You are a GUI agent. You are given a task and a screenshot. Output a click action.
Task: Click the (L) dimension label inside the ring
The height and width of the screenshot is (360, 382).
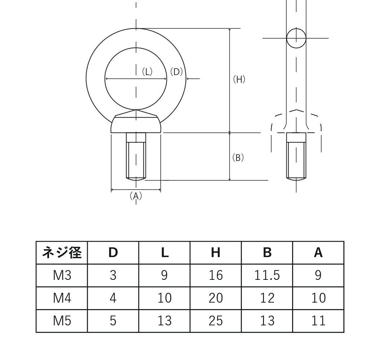point(147,72)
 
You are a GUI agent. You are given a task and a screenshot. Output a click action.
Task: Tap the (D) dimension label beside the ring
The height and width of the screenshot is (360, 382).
point(176,72)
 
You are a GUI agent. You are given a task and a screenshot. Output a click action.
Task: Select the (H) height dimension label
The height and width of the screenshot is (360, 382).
point(239,79)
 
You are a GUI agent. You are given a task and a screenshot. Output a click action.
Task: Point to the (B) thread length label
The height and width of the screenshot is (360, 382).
point(238,158)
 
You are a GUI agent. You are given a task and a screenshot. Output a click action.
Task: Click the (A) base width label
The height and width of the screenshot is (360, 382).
point(136,196)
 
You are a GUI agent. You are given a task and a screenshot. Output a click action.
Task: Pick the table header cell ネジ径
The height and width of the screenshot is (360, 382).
point(62,253)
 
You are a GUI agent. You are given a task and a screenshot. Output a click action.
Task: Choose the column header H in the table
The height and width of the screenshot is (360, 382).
point(216,253)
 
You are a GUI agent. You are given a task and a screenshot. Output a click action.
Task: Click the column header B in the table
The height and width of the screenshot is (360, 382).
point(267,253)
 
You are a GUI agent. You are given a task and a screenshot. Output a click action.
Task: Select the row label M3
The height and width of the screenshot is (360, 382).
point(62,276)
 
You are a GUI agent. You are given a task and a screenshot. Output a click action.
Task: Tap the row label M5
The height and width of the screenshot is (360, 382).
point(62,321)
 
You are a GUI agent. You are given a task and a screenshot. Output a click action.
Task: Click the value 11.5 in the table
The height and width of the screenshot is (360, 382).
point(267,276)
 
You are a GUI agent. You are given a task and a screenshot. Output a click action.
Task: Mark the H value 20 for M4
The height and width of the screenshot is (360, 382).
point(216,298)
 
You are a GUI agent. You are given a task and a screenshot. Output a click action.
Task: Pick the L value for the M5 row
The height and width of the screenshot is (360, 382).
point(164,321)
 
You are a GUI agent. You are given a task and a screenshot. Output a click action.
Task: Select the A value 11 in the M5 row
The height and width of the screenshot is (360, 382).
point(318,321)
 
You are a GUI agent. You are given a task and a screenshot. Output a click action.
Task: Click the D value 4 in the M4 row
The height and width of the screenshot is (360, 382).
point(113,298)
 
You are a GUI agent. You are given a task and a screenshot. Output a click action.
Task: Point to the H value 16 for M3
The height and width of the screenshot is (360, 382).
point(216,276)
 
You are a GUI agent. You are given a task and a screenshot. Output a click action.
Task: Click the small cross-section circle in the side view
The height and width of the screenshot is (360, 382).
point(296,38)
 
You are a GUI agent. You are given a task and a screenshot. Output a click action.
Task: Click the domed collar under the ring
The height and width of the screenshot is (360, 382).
point(136,124)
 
